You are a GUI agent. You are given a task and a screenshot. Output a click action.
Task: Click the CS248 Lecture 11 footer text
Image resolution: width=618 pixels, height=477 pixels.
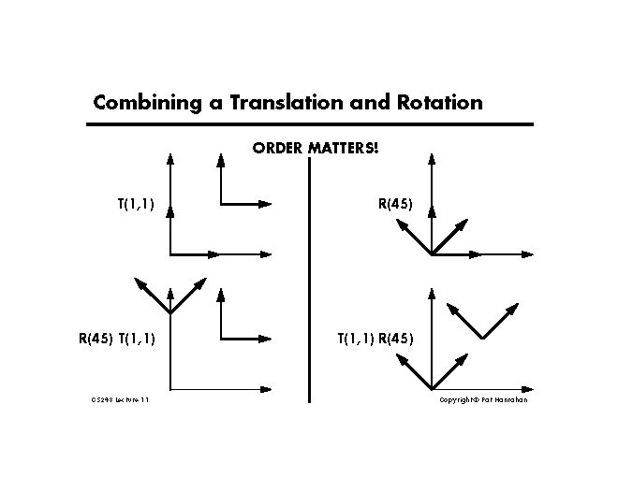[120, 399]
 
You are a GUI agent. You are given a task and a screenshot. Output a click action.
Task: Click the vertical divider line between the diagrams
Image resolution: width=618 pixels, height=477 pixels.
[309, 281]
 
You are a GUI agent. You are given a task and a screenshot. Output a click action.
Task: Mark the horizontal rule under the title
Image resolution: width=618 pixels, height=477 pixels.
[309, 123]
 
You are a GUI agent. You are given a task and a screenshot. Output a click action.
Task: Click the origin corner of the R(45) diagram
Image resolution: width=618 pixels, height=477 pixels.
[431, 253]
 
